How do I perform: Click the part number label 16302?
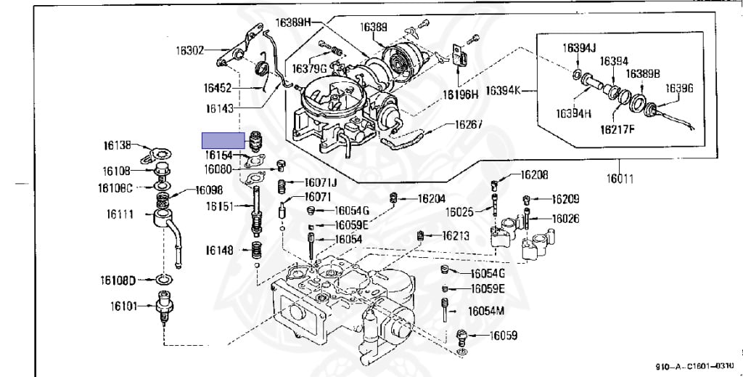point(190,51)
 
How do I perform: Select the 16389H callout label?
point(292,23)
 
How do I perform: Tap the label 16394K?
point(503,91)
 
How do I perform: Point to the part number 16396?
point(679,88)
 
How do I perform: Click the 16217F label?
point(617,131)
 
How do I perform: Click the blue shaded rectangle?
point(223,141)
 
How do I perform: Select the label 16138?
point(116,145)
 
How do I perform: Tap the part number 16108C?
point(115,188)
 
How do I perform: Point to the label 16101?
point(124,306)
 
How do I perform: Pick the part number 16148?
point(218,251)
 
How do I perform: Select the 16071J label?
point(320,182)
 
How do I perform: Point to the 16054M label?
point(485,310)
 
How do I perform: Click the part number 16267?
point(468,124)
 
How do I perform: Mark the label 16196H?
point(461,94)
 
